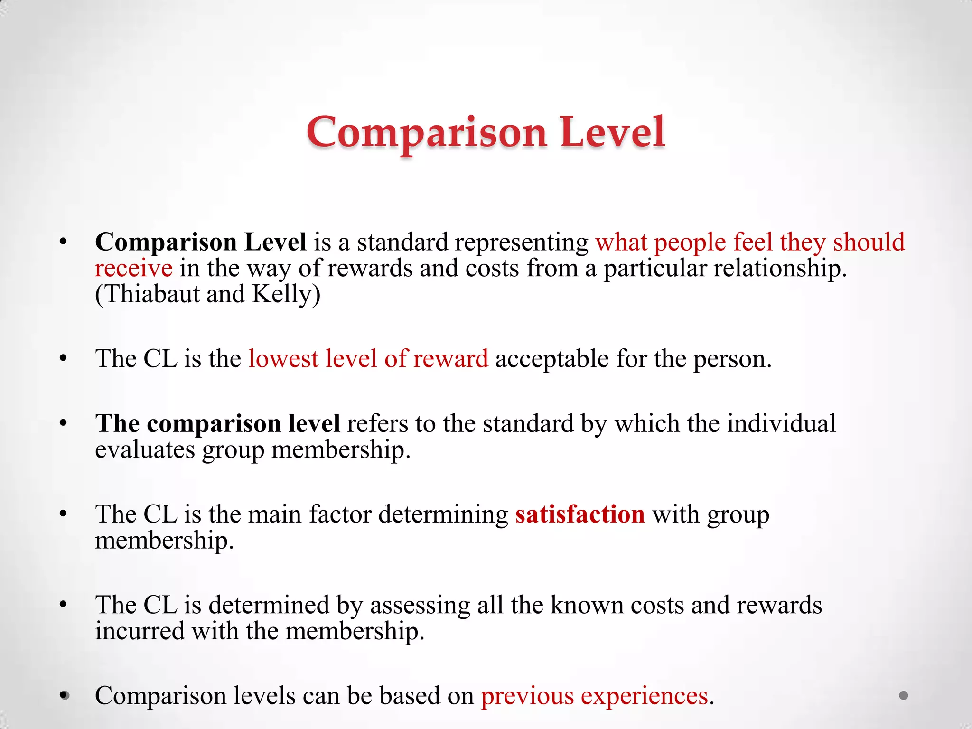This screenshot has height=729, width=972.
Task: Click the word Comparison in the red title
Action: point(426,133)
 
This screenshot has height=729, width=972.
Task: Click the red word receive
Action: point(133,269)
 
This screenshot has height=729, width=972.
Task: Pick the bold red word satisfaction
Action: point(580,514)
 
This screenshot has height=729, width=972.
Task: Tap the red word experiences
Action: point(644,696)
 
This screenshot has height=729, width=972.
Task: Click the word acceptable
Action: point(552,359)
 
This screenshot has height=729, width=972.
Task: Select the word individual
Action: point(781,423)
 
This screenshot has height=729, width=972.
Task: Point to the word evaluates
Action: point(145,449)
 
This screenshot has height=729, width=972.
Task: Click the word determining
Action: point(443,514)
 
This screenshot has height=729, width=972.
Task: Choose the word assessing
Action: point(420,605)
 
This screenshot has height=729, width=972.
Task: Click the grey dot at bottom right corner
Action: point(904,696)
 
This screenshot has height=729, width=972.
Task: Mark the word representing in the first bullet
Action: point(520,243)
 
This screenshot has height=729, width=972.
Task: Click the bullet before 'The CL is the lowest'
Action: point(64,359)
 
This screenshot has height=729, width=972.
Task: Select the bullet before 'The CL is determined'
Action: point(64,605)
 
